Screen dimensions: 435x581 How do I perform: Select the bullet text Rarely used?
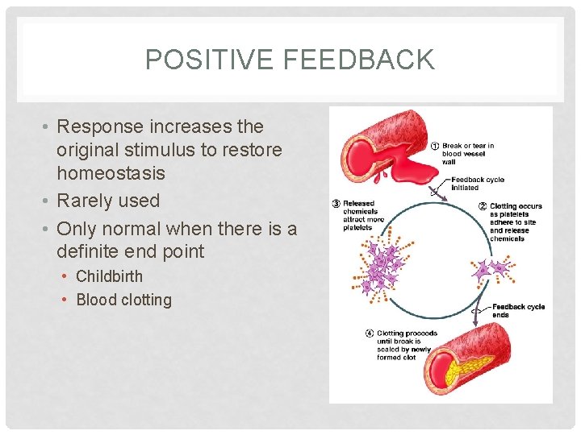(108, 201)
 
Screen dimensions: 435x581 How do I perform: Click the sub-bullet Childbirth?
(109, 276)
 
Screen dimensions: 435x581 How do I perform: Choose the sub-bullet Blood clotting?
(123, 300)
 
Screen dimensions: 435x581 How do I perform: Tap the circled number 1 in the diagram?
(435, 147)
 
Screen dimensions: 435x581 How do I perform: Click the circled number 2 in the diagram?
(482, 207)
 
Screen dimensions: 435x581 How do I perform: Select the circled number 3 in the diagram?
(336, 204)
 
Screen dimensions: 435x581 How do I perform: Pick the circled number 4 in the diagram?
(369, 333)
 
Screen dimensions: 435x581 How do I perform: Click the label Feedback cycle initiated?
(477, 184)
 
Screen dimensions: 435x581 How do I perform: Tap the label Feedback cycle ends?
(517, 310)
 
